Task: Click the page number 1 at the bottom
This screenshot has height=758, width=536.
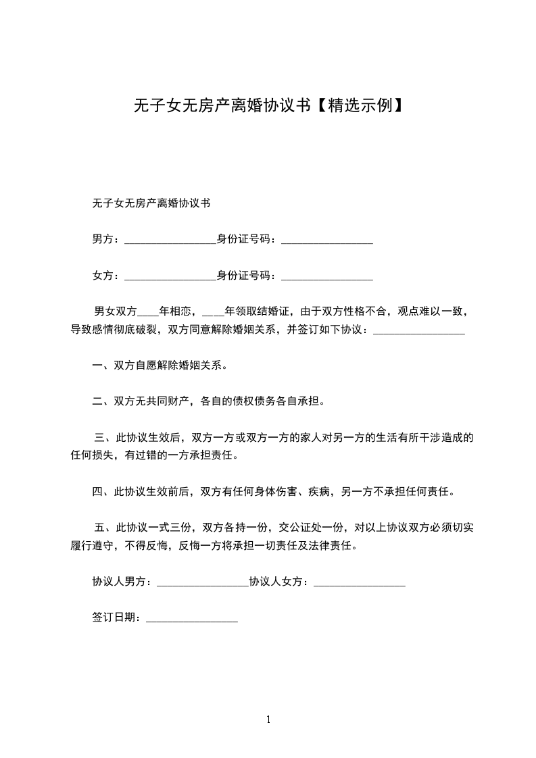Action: tap(268, 719)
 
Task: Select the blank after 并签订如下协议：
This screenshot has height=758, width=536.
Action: tap(418, 331)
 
